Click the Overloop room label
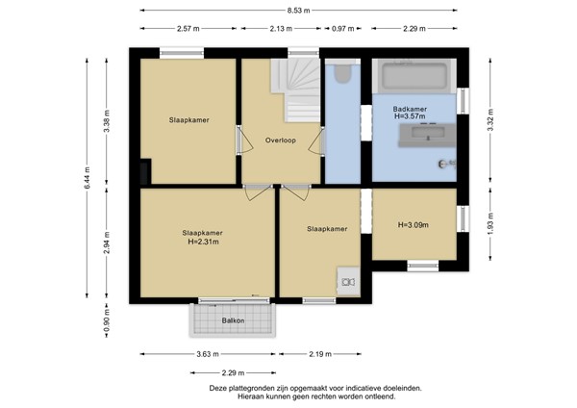tap(281, 140)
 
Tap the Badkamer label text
tap(411, 110)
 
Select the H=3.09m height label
tap(413, 226)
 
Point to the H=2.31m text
tap(203, 242)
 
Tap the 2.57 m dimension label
tap(188, 29)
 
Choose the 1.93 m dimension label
tap(489, 228)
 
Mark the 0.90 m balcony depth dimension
tap(106, 319)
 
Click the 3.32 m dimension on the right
tap(489, 119)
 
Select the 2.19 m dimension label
tap(320, 354)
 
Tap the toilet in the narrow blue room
tap(342, 75)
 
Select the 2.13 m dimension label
tap(283, 29)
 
